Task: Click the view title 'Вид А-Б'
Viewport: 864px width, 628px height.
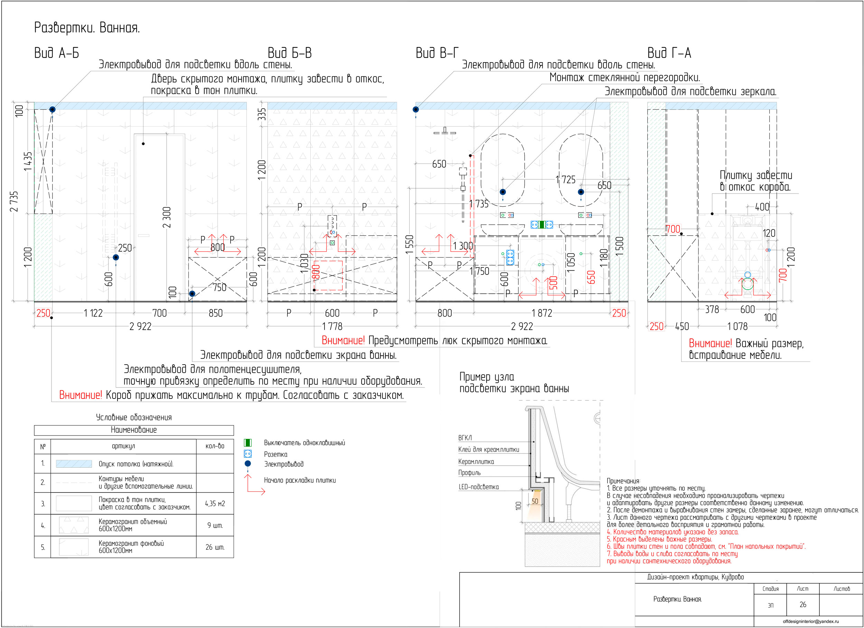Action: [x=56, y=53]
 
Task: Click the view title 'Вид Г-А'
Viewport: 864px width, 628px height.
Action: [x=669, y=53]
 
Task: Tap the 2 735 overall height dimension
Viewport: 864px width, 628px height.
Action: [x=14, y=201]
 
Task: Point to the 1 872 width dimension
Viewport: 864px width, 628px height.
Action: [x=542, y=313]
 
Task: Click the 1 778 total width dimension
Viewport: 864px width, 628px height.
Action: [x=332, y=326]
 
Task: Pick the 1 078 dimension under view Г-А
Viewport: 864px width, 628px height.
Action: [x=737, y=326]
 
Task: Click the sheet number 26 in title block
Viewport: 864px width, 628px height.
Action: [x=803, y=604]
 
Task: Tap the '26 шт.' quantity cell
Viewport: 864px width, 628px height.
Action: [x=215, y=547]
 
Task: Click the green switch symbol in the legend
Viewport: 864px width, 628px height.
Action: [x=247, y=443]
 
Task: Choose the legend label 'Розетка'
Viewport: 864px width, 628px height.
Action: [x=275, y=454]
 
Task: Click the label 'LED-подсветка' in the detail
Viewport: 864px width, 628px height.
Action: [x=478, y=487]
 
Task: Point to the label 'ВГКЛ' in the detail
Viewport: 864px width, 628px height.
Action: [x=465, y=438]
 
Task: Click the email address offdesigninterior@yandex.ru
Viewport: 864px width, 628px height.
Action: [x=811, y=621]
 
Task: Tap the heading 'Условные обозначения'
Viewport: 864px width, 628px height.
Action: [x=134, y=417]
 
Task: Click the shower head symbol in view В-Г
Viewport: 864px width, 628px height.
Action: [x=444, y=132]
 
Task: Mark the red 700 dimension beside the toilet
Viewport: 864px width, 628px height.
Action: [x=782, y=275]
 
